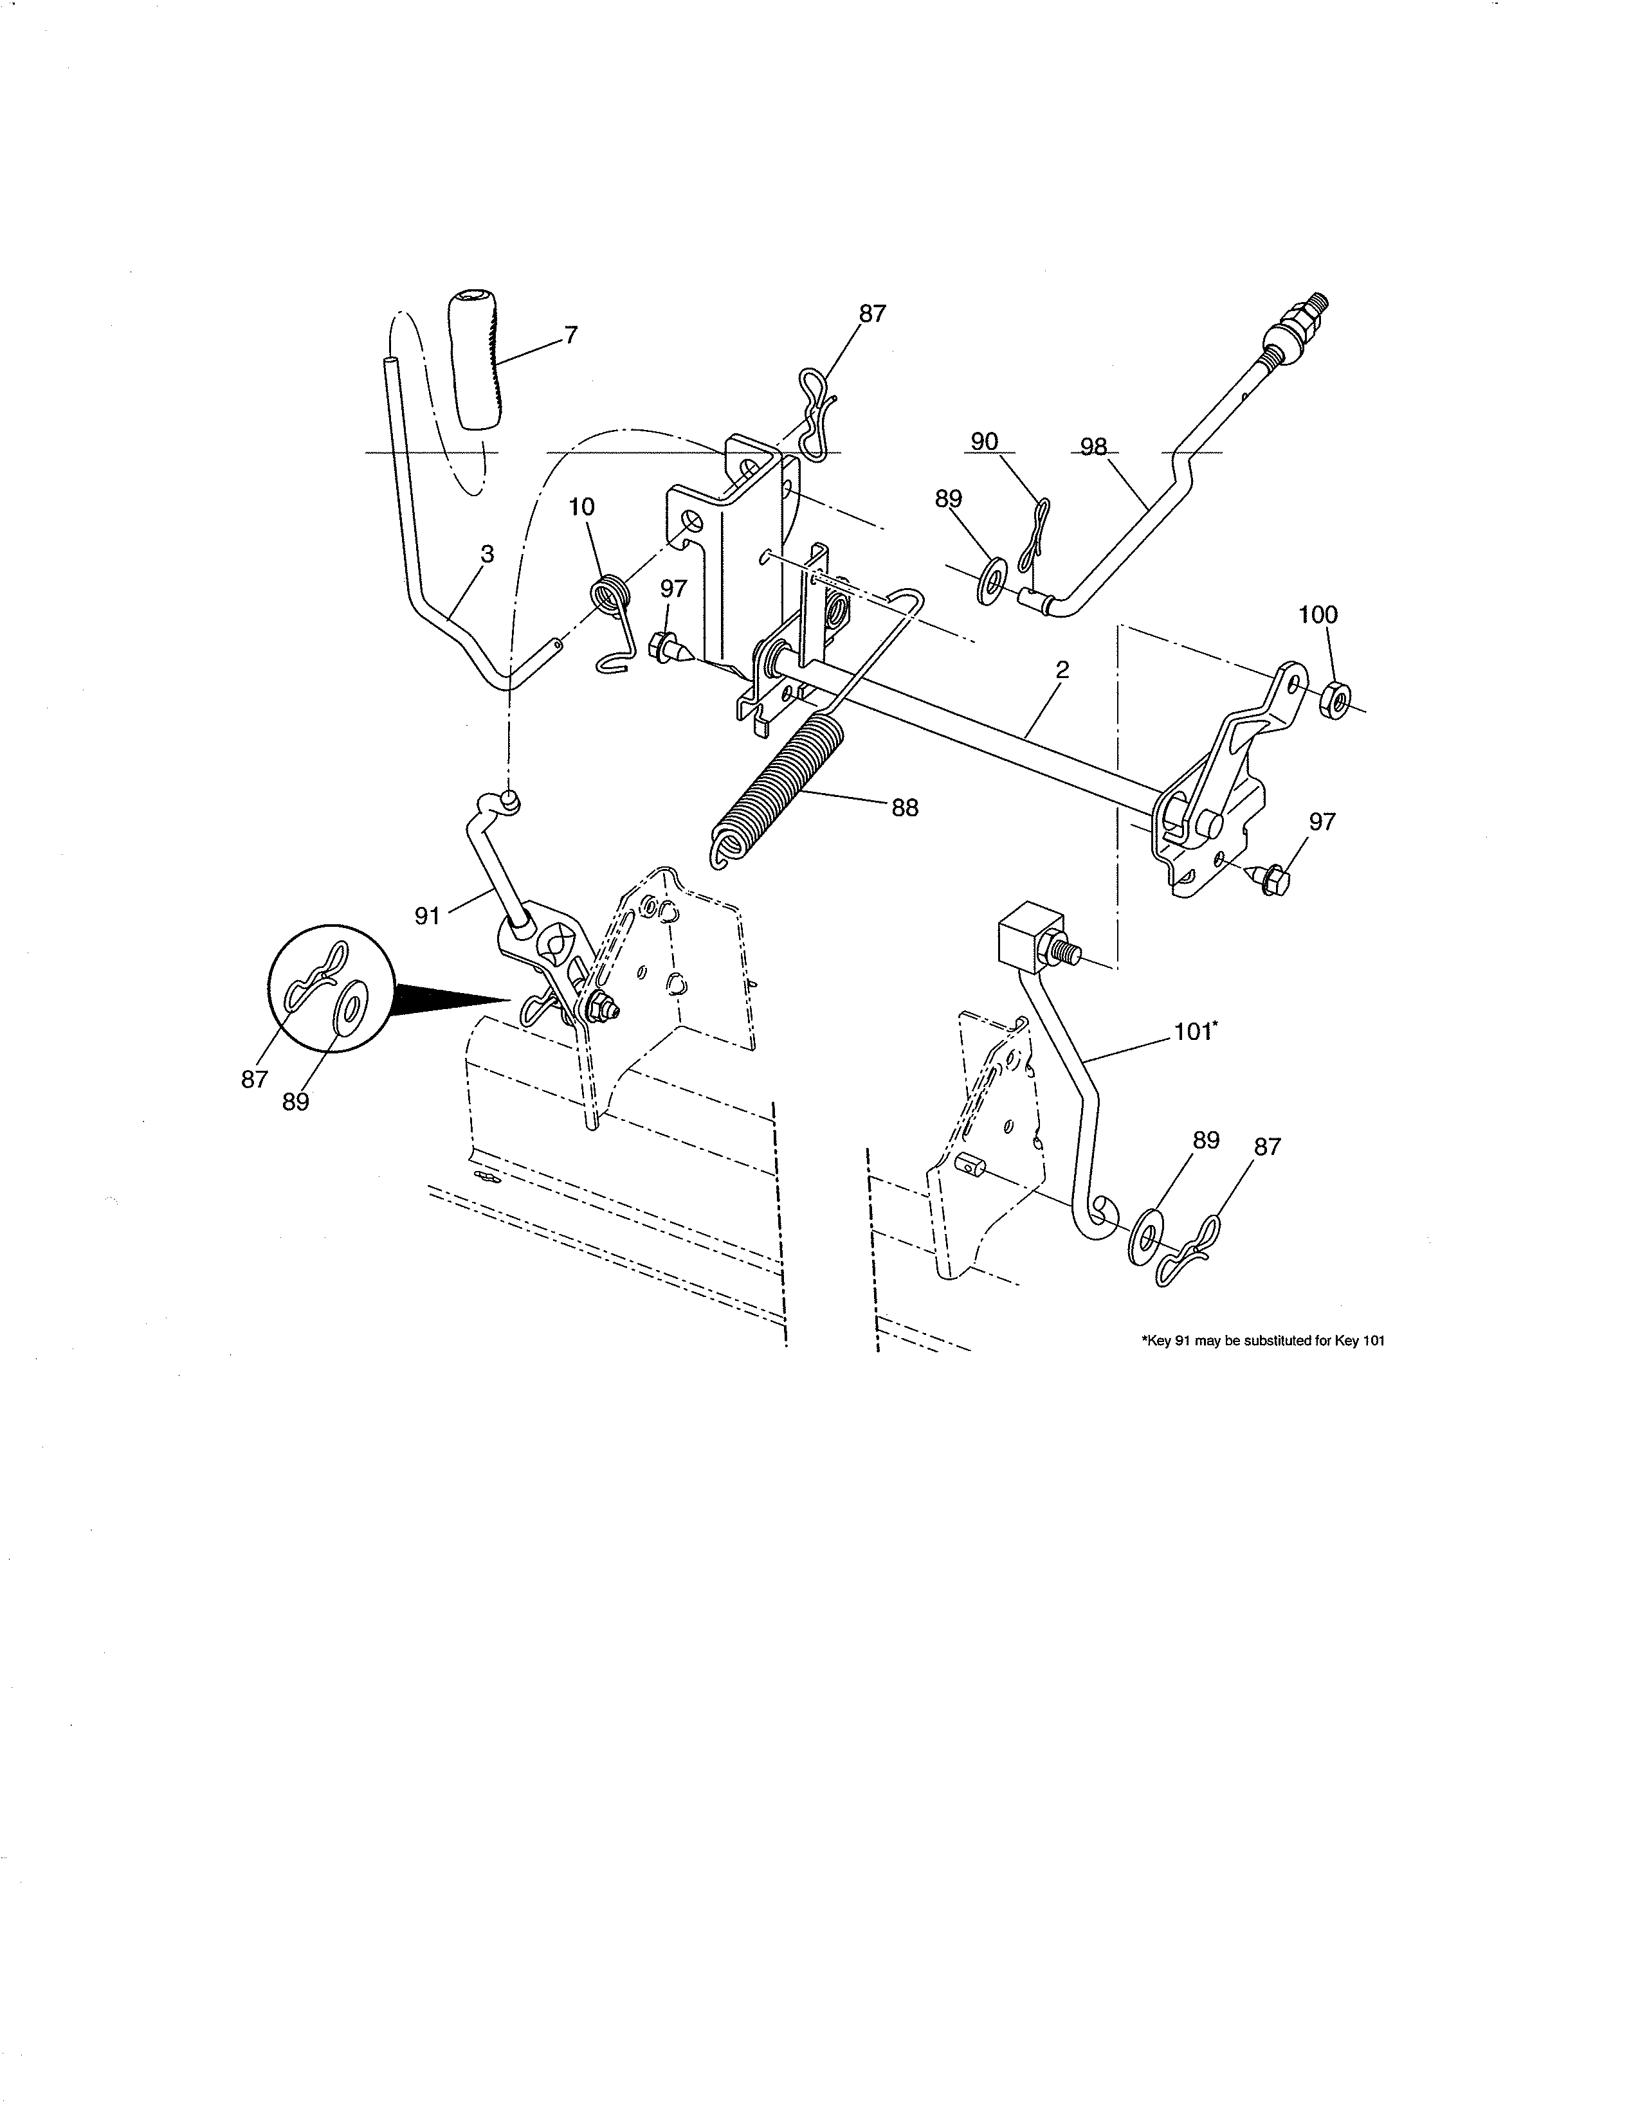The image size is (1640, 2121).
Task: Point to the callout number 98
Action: [1094, 447]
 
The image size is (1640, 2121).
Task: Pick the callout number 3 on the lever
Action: [487, 553]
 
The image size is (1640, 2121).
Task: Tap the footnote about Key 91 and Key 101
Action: [1261, 1341]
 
